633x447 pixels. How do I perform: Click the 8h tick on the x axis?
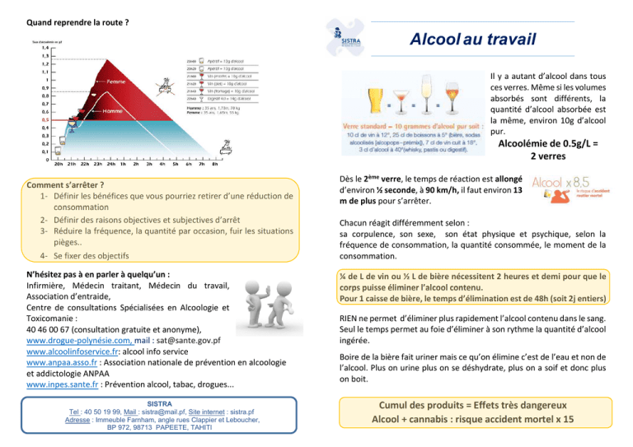(215, 165)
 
